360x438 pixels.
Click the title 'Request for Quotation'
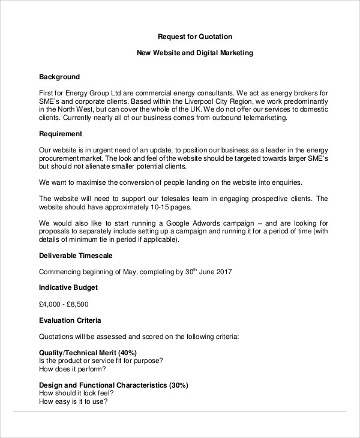tap(194, 36)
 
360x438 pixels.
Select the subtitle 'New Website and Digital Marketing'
tap(195, 53)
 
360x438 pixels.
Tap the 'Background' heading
tap(59, 77)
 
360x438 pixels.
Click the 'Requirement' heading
tap(61, 133)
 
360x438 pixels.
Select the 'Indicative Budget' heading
tap(68, 287)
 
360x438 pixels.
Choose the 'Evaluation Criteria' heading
tap(70, 320)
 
